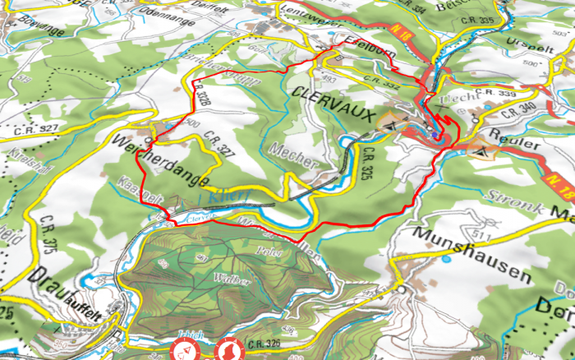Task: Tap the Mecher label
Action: coord(292,156)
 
